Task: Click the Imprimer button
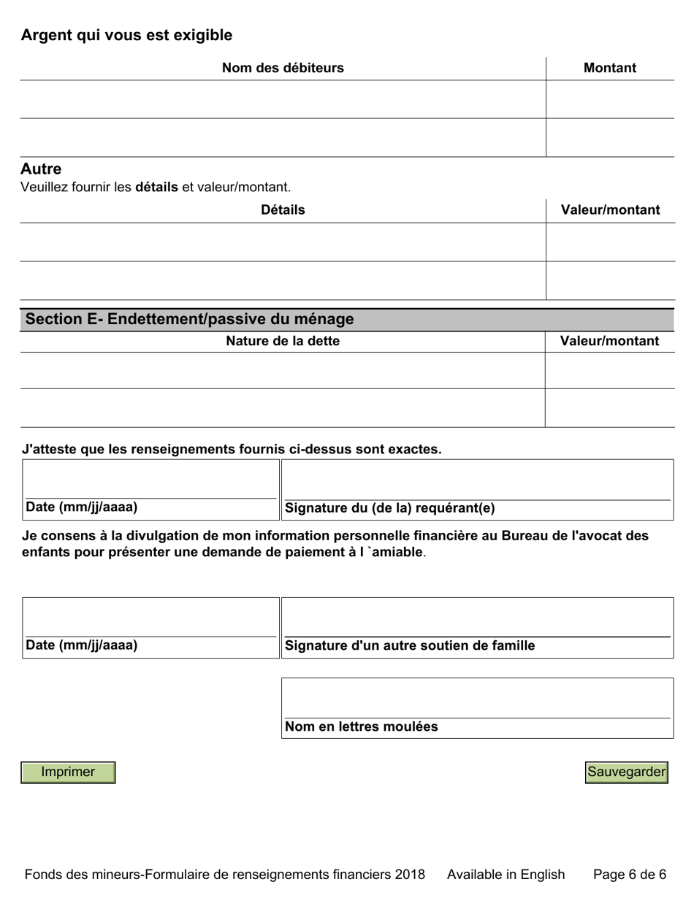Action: point(68,772)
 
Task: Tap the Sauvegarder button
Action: point(627,772)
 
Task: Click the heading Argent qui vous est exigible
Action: point(126,35)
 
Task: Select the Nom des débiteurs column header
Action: point(283,68)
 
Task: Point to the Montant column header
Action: point(610,68)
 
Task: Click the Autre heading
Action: point(41,169)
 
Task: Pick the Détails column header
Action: point(283,210)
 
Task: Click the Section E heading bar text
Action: point(190,319)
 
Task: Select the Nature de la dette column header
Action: point(283,341)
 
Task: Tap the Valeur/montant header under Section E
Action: point(609,341)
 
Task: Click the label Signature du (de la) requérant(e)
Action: point(389,508)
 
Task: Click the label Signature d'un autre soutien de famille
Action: point(410,645)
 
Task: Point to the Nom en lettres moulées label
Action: point(362,726)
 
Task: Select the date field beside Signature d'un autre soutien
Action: point(150,618)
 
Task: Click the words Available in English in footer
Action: point(506,875)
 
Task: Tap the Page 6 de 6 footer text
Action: point(629,875)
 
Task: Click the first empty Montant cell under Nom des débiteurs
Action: point(609,99)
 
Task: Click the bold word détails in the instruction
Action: point(156,187)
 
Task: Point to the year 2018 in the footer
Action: point(409,875)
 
